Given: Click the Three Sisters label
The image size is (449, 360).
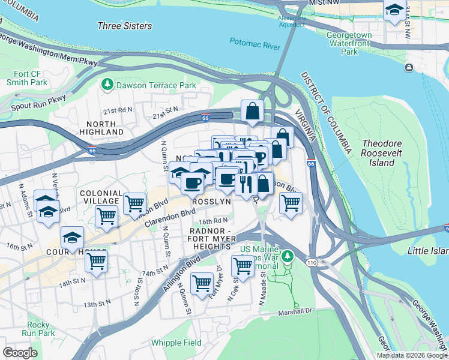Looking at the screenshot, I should click(x=125, y=26).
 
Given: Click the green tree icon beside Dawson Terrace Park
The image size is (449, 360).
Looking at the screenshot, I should click(x=107, y=85).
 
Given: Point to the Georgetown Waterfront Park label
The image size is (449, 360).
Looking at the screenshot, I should click(x=357, y=44).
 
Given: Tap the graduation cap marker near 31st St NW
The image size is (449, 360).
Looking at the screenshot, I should click(x=394, y=10).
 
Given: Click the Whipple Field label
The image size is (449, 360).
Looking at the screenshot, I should click(x=176, y=342).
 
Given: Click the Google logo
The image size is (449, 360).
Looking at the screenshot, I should click(x=20, y=353).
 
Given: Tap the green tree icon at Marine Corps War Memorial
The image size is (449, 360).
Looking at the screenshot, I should click(x=288, y=256).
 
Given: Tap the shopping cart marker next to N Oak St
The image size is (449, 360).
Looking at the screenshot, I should click(x=243, y=264).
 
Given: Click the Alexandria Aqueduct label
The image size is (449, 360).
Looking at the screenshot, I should click(x=291, y=21).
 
